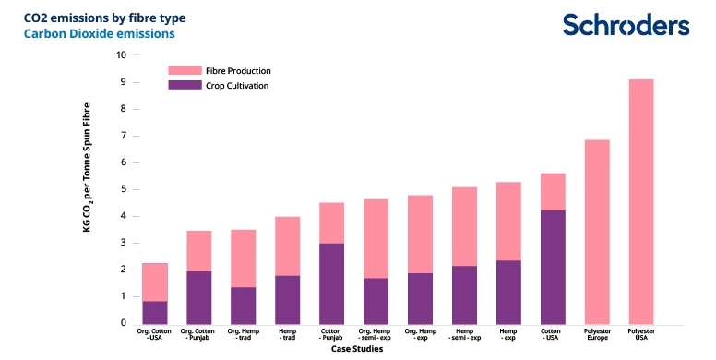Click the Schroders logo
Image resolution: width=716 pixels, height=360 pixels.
(x=626, y=25)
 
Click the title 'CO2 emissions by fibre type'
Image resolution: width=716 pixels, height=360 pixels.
(x=104, y=18)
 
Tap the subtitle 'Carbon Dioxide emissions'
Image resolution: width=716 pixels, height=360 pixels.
(x=99, y=34)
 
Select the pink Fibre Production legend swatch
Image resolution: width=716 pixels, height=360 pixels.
(x=185, y=70)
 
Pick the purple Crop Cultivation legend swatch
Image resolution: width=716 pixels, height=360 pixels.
(x=185, y=85)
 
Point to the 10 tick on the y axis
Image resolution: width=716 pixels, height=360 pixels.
(x=122, y=54)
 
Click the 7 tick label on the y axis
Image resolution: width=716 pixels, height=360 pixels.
(x=124, y=136)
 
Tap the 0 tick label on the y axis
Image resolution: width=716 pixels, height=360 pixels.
(x=124, y=323)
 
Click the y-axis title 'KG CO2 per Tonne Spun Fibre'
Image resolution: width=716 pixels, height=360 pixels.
(x=87, y=167)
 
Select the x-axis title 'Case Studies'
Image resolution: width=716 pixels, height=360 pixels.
(x=357, y=349)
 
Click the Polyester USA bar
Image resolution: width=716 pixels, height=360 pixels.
(x=641, y=202)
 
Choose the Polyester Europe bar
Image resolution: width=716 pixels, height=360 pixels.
(x=597, y=232)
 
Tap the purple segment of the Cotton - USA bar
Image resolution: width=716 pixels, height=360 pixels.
(x=553, y=268)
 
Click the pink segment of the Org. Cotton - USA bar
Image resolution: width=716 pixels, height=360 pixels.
(x=155, y=282)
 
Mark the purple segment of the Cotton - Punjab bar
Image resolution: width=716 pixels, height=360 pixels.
(x=331, y=283)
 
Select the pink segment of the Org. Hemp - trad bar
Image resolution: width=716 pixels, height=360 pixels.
(x=243, y=258)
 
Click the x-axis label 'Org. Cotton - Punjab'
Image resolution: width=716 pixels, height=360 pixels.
(x=197, y=334)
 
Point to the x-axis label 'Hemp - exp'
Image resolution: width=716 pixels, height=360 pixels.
(x=508, y=334)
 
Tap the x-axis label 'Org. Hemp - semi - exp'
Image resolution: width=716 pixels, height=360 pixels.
(x=375, y=334)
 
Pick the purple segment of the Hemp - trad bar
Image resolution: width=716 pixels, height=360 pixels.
(x=287, y=300)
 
